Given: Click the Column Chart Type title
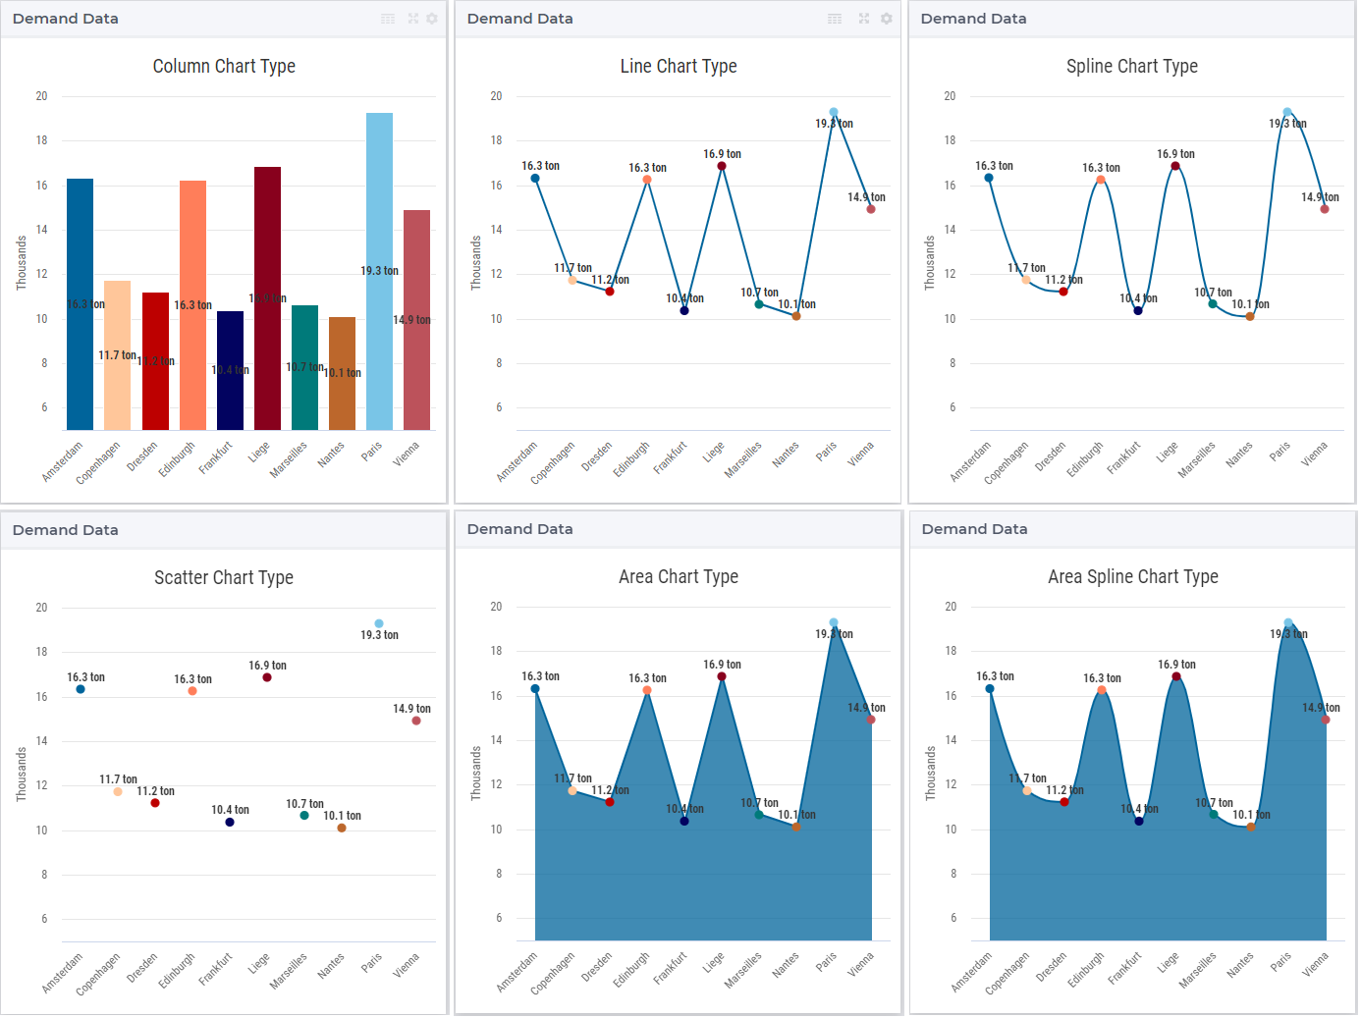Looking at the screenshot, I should pos(224,67).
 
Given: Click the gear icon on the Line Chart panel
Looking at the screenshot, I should pos(886,19).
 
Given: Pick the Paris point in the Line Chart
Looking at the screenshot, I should pos(834,113).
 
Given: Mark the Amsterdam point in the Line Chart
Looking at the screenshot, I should pos(535,179).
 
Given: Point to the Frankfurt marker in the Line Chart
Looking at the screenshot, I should pos(684,310).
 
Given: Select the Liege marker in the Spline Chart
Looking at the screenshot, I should pos(1175,166).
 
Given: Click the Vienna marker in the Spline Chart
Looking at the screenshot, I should pos(1325,209).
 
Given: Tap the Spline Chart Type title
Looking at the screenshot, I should pos(1131,67).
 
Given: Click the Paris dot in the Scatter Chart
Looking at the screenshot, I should pos(379,623).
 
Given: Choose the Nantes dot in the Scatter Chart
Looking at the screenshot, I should pos(342,828).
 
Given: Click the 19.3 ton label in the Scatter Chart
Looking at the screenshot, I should pos(379,635).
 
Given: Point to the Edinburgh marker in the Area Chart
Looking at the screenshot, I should pos(647,690).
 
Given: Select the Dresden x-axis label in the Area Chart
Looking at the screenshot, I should pos(596,967).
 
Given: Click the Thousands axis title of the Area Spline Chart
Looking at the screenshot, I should pos(930,774).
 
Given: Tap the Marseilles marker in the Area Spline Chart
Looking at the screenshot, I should pos(1214,815).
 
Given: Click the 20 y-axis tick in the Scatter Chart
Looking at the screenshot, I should pos(41,608).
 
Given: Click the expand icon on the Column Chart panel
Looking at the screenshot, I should pos(412,19).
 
